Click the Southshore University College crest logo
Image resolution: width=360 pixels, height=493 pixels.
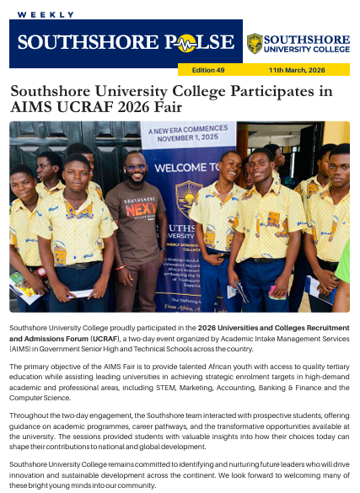tap(254, 43)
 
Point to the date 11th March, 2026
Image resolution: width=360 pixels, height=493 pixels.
tap(297, 70)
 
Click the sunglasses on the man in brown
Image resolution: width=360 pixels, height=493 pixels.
tap(136, 167)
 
